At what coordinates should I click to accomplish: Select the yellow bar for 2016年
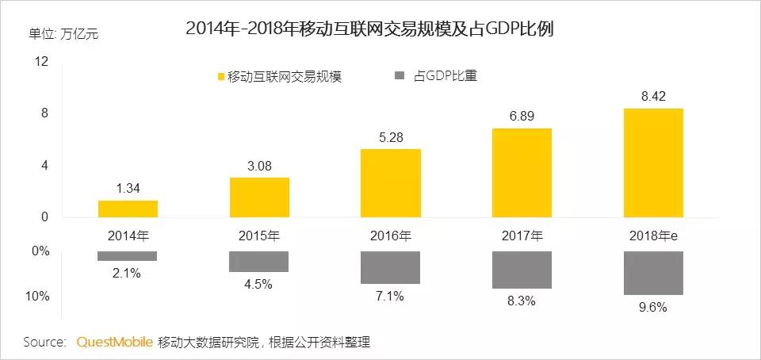(391, 183)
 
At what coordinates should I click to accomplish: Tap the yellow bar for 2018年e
(653, 163)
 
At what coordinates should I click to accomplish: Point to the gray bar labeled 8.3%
(522, 270)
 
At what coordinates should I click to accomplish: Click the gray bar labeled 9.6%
(653, 273)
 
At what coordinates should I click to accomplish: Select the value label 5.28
(391, 137)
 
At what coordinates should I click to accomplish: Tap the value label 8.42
(653, 97)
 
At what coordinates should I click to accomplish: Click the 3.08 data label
(259, 166)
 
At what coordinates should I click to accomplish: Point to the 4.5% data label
(259, 284)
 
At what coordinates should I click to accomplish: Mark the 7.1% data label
(391, 296)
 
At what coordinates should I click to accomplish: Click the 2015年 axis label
(259, 235)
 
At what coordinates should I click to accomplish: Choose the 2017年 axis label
(522, 235)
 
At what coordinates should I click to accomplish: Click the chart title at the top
(369, 29)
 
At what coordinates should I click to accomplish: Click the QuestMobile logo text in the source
(114, 343)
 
